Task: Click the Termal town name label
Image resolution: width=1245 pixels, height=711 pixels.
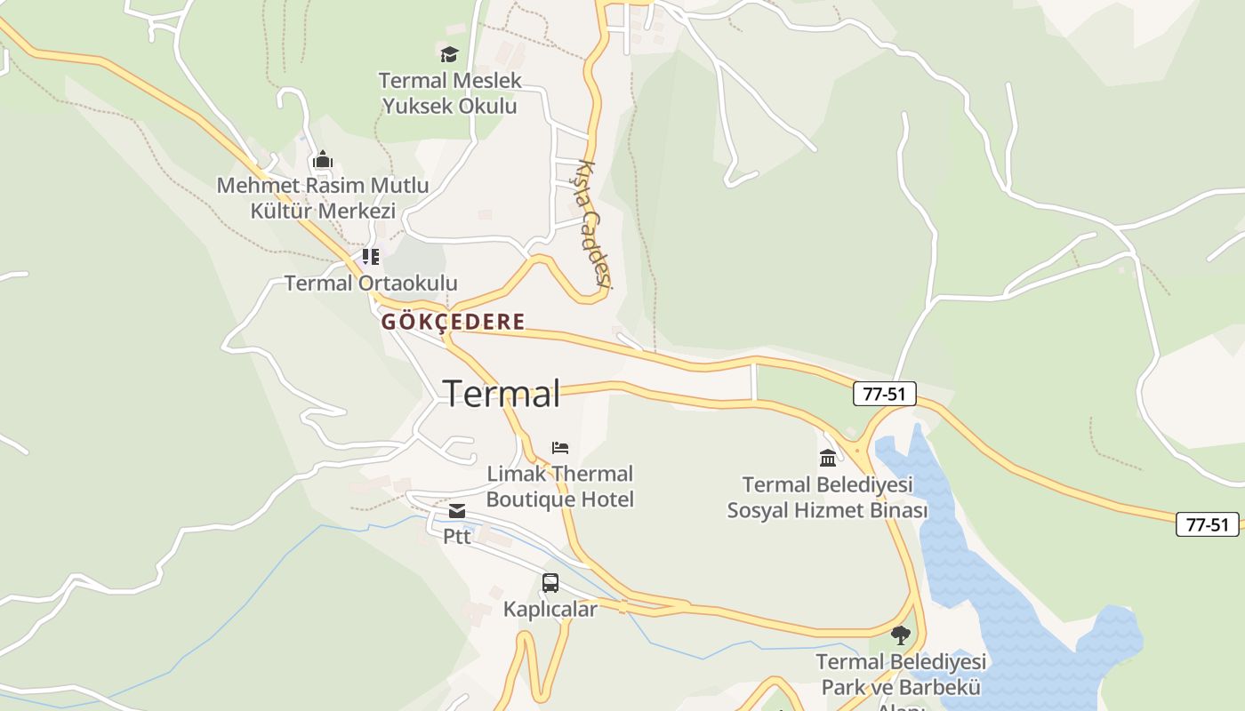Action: click(x=502, y=394)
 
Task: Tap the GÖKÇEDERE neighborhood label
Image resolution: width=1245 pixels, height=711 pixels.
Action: click(x=453, y=322)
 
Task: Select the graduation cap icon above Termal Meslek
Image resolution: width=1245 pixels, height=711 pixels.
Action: click(x=449, y=54)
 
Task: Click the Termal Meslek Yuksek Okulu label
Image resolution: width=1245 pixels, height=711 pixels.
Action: click(x=450, y=93)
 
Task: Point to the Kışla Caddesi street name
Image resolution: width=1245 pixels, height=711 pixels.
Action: click(x=591, y=223)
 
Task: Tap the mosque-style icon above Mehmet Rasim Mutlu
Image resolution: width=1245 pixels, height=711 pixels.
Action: click(x=322, y=160)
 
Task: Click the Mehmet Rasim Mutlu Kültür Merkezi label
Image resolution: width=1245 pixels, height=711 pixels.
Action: click(x=322, y=198)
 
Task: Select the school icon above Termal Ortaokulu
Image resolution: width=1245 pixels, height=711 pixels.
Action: click(x=371, y=258)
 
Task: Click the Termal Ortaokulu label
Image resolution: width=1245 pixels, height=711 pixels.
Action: click(x=371, y=284)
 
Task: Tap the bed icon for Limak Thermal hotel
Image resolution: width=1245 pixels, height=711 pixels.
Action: click(x=560, y=447)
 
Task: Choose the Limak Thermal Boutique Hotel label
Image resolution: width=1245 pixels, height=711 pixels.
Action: click(x=560, y=486)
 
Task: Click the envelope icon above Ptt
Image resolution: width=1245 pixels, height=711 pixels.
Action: click(x=457, y=511)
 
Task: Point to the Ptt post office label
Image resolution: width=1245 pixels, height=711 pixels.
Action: click(x=457, y=537)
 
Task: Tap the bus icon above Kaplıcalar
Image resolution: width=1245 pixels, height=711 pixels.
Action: click(x=550, y=583)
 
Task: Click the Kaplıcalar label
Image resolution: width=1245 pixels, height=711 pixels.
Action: click(x=550, y=609)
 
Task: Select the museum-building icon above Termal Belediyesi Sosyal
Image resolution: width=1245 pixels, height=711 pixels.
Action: click(x=828, y=459)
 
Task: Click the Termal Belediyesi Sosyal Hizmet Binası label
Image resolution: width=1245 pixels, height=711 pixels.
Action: click(x=828, y=498)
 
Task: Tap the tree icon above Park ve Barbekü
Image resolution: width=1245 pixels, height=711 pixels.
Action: click(x=901, y=635)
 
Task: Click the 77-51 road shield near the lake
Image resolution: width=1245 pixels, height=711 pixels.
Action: click(x=884, y=394)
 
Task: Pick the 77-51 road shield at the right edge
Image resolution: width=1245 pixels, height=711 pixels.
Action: click(x=1207, y=524)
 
